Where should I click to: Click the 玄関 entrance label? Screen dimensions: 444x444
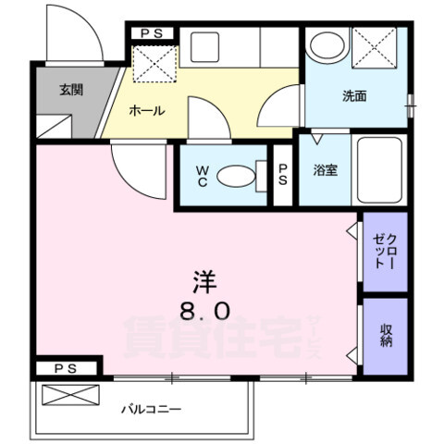(70, 90)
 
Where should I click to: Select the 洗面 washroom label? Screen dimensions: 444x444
(354, 94)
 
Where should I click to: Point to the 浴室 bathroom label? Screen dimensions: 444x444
(324, 169)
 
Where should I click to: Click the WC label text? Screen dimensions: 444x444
(203, 175)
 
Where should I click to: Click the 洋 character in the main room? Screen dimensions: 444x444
(204, 279)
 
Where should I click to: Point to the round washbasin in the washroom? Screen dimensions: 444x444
(326, 45)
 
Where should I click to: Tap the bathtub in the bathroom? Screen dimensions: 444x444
(379, 171)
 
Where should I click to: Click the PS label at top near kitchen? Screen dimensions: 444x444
(152, 33)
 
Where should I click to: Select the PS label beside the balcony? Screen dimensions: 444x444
(65, 369)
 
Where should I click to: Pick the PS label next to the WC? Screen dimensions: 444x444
(283, 176)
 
